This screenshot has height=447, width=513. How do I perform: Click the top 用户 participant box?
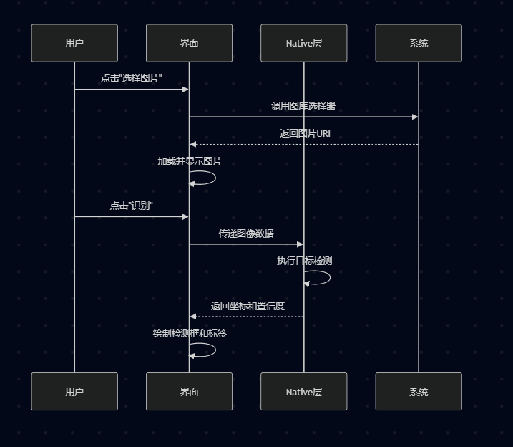point(74,43)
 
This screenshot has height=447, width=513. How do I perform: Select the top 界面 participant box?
point(189,43)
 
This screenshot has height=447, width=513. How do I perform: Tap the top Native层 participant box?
point(303,43)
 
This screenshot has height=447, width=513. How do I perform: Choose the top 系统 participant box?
point(419,43)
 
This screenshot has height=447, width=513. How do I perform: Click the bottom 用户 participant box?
point(74,391)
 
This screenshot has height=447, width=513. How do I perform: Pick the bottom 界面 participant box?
point(189,391)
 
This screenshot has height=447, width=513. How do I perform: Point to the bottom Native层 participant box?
point(303,391)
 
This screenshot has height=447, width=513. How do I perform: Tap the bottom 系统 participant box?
point(419,391)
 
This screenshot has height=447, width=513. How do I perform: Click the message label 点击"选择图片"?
point(132,78)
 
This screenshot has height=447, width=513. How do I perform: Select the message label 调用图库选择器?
point(303,106)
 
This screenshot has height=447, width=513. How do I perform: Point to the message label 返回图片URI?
point(305,134)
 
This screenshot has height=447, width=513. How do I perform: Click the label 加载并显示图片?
point(190,161)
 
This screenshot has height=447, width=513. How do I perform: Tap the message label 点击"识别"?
point(132,206)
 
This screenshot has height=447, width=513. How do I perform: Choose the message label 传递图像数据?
point(246,234)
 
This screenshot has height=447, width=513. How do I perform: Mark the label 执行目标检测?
point(304,261)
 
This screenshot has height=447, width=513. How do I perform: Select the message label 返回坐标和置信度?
point(248,306)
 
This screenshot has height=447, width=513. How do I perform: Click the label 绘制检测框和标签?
point(190,333)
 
